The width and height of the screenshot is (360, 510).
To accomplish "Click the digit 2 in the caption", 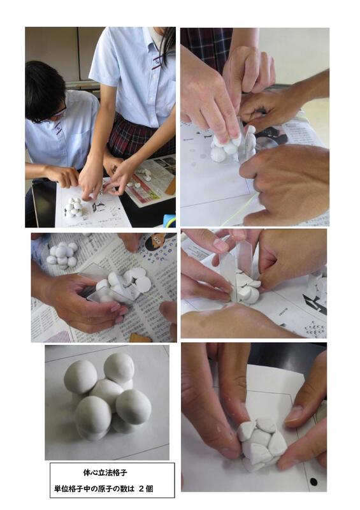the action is (141, 488).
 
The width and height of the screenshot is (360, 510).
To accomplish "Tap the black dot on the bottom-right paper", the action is (313, 481).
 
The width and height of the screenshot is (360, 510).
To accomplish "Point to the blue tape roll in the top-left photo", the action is (169, 221).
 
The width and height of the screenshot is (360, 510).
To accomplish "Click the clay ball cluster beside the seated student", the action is (74, 207).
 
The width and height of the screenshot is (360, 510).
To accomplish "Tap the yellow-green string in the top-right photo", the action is (240, 209).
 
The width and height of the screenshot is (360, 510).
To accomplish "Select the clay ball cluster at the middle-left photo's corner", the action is (62, 255).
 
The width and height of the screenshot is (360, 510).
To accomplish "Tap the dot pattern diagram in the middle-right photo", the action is (315, 330).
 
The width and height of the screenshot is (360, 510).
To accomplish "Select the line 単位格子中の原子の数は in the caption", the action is (94, 488).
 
